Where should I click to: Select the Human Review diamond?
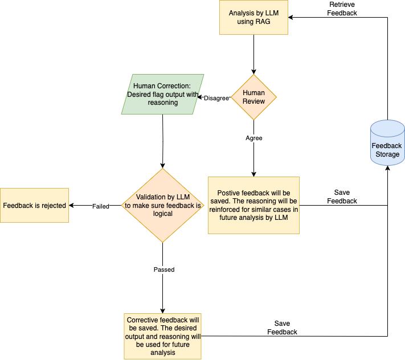[253, 97]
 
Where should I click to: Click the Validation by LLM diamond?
[163, 205]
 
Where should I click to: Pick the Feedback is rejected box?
[35, 205]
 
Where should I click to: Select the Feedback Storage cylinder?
[387, 142]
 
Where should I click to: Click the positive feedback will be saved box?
[253, 205]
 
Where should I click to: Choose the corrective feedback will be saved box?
[162, 336]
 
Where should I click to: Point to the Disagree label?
[216, 97]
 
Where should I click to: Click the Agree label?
[253, 138]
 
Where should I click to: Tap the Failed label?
[101, 206]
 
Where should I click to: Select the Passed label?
[163, 269]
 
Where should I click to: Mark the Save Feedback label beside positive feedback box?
[342, 197]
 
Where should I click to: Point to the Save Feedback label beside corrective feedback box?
[282, 328]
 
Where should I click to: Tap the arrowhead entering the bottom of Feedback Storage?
[387, 169]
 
